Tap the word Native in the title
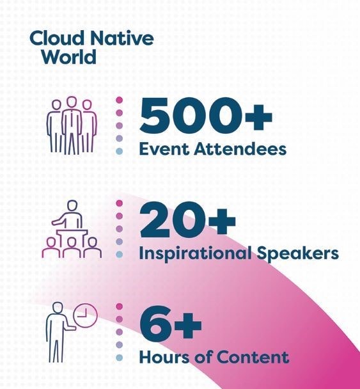121,38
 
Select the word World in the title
69,56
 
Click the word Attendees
240,149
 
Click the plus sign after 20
222,221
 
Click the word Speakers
297,253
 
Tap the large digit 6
155,323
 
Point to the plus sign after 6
188,325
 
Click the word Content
253,357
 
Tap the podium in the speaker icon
72,237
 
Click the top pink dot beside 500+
120,100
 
